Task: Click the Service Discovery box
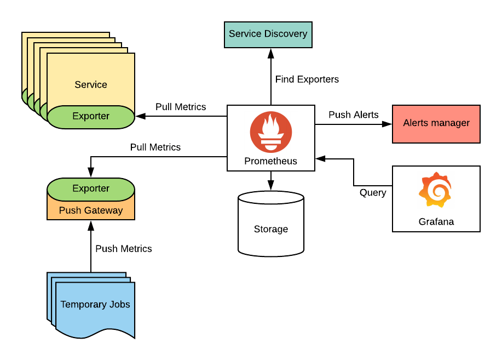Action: (x=268, y=34)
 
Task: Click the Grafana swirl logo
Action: (x=436, y=190)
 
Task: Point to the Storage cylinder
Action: (x=270, y=225)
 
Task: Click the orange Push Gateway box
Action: (x=91, y=210)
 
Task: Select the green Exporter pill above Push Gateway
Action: (x=91, y=188)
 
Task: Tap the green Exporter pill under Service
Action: (x=91, y=116)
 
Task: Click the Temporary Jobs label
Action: (x=95, y=304)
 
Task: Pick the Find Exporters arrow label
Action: (x=307, y=79)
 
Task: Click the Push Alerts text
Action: (x=353, y=115)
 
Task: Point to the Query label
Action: (x=372, y=192)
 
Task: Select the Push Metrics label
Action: (x=123, y=249)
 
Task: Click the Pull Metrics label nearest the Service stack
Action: (x=181, y=107)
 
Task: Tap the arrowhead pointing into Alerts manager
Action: (x=388, y=124)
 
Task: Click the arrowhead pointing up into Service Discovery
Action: (x=270, y=53)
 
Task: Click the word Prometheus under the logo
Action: (x=270, y=161)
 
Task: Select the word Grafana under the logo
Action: (x=436, y=222)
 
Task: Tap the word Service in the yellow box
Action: (x=91, y=84)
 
